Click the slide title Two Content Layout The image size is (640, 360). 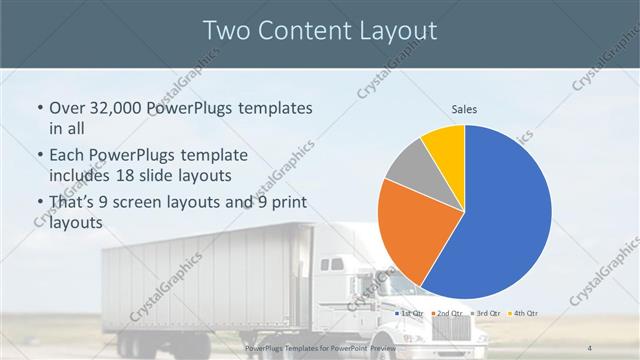319,31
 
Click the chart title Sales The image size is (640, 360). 465,108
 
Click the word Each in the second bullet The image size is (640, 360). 69,157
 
